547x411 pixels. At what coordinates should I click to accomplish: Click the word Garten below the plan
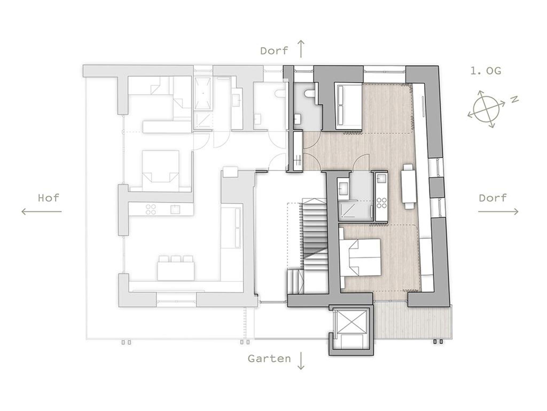[269, 359]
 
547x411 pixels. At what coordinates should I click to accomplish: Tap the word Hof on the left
[48, 198]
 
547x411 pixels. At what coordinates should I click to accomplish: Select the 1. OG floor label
[486, 71]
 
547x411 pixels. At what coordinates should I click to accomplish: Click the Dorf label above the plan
[274, 51]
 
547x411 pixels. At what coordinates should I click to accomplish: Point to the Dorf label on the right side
[493, 198]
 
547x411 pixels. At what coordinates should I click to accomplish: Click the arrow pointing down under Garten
[301, 361]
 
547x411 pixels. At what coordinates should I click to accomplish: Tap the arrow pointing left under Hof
[41, 212]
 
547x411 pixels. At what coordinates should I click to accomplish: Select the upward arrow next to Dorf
[301, 49]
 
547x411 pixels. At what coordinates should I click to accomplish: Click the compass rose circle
[486, 109]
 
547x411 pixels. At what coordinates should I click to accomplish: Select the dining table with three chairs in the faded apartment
[176, 267]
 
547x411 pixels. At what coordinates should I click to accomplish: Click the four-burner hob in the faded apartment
[151, 209]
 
